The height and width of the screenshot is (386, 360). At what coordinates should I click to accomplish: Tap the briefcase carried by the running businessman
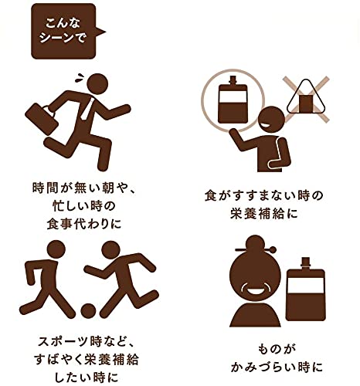coord(41,118)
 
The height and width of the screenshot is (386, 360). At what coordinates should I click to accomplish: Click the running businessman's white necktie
coord(86,108)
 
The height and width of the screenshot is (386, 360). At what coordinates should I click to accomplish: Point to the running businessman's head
coord(97,84)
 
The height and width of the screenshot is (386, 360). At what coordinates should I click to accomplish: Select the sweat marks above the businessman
coord(80,77)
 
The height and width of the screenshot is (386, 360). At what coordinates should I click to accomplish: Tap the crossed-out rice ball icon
coord(306,99)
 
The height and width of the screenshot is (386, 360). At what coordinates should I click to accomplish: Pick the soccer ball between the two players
coord(88,311)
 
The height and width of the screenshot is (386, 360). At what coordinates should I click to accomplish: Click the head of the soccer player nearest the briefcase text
coord(56,249)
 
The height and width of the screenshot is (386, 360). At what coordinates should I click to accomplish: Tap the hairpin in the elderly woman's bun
coord(256,249)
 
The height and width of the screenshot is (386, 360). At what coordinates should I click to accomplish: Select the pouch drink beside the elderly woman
coord(306,289)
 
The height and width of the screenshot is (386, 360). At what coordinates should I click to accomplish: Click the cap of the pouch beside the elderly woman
coord(306,263)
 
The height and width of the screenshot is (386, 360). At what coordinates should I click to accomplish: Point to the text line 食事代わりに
coord(84,224)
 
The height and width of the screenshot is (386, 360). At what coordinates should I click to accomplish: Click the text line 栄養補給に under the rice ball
coord(264,214)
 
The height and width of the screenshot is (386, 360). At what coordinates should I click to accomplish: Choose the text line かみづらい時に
coord(277,367)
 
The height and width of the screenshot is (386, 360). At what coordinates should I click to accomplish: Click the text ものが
coord(277,349)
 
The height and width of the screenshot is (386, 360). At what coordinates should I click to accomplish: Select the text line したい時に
coord(87,378)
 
